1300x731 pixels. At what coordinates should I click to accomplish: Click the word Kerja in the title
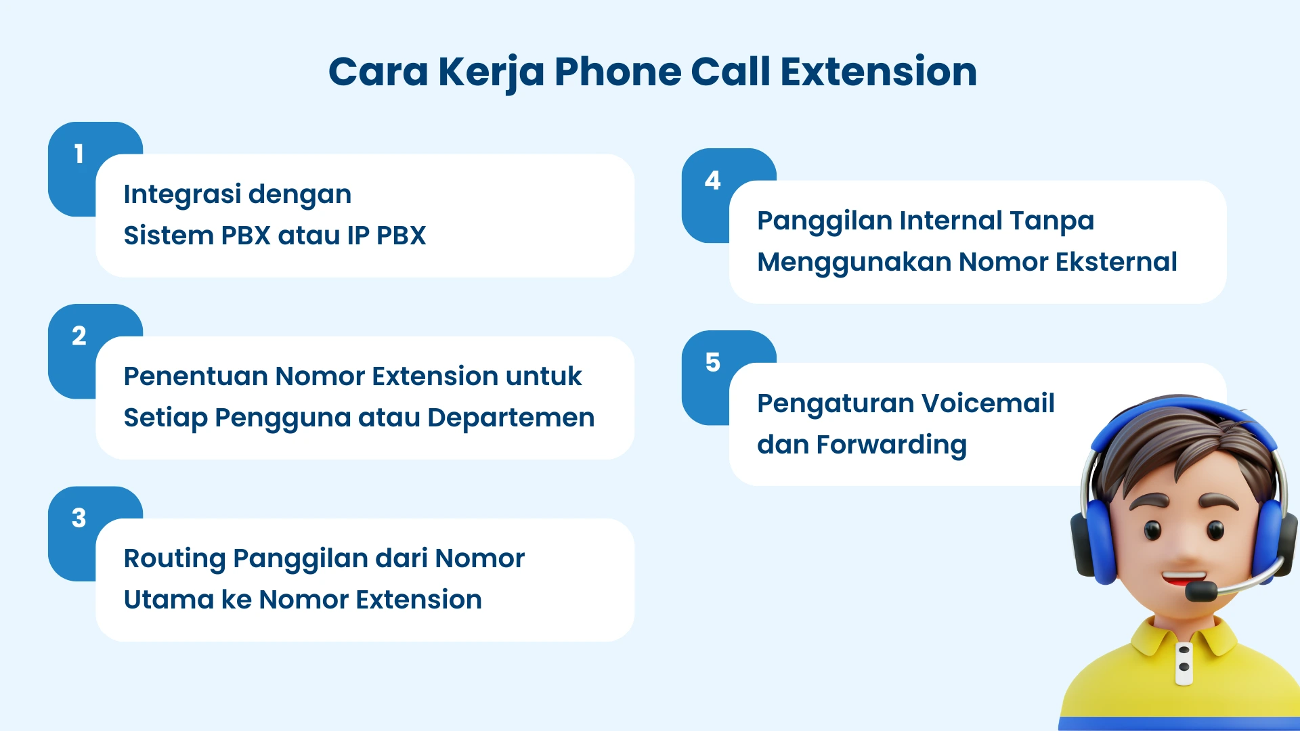coord(491,72)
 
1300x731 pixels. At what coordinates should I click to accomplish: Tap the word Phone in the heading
coord(617,72)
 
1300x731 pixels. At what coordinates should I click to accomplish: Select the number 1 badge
coord(79,154)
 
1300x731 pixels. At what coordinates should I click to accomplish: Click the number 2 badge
coord(79,336)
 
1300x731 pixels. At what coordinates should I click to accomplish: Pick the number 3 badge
coord(79,518)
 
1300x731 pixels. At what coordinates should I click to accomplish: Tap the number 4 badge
coord(712,181)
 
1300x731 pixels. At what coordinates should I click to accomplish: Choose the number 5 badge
coord(712,363)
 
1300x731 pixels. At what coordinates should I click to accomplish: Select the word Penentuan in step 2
coord(194,376)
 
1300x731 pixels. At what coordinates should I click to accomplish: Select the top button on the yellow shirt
coord(1184,650)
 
